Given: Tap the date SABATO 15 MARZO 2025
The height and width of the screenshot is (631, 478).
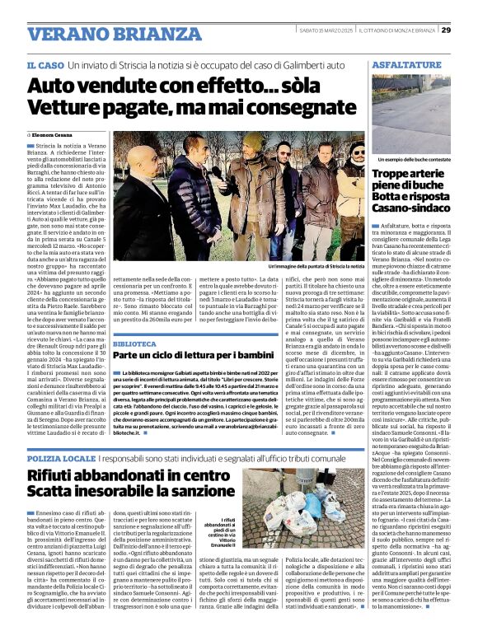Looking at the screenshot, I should (325, 30).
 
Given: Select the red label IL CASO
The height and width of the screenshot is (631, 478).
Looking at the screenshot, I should (45, 64).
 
